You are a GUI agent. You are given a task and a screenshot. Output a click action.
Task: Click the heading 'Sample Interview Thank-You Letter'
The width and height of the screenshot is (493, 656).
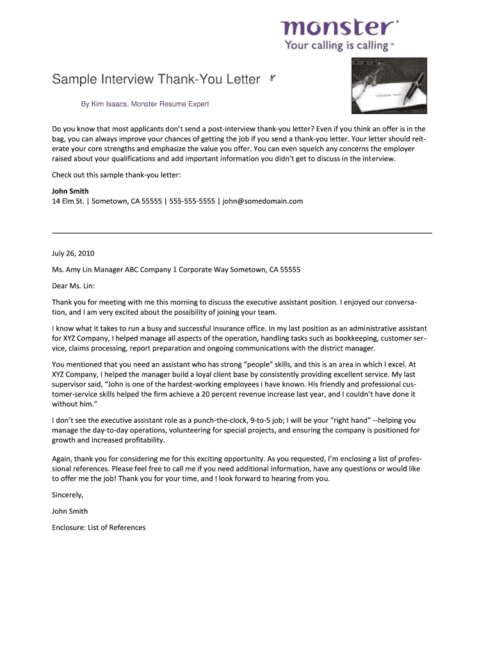156,80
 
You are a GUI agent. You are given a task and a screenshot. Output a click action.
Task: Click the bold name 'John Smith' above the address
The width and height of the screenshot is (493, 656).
70,191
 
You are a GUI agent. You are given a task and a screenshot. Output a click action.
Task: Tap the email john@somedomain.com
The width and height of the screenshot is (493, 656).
263,201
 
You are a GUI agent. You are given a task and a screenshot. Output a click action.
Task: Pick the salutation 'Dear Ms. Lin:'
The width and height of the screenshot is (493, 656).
73,286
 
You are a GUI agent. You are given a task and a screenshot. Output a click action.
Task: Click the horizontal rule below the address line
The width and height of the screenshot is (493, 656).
241,233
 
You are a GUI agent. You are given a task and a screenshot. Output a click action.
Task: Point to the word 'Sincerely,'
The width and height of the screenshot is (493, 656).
67,495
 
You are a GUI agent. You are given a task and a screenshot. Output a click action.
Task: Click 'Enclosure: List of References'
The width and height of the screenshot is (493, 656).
99,527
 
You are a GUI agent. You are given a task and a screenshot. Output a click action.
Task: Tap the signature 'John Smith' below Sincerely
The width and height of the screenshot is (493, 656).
70,511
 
